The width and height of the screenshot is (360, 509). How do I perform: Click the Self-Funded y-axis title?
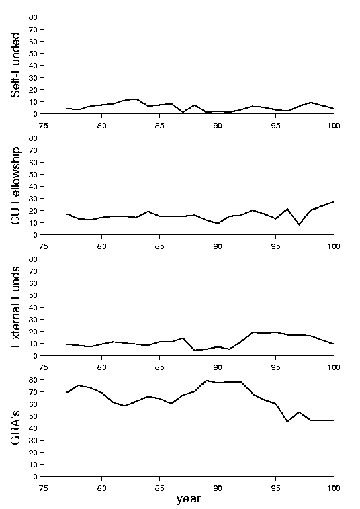pyautogui.click(x=15, y=65)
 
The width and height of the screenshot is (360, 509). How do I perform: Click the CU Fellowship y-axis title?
pyautogui.click(x=15, y=185)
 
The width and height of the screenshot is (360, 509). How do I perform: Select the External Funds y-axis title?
pyautogui.click(x=15, y=307)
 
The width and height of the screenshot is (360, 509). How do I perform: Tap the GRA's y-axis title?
pyautogui.click(x=15, y=428)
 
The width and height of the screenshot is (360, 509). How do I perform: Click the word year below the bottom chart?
pyautogui.click(x=189, y=499)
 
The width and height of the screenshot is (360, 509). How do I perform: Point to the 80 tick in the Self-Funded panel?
pyautogui.click(x=34, y=17)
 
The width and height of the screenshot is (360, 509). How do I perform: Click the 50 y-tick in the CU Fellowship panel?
pyautogui.click(x=34, y=175)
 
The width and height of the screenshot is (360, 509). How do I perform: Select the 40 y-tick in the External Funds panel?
pyautogui.click(x=34, y=308)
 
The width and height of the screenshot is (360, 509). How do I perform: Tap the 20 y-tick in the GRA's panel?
pyautogui.click(x=34, y=453)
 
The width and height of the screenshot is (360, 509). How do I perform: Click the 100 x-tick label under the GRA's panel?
pyautogui.click(x=334, y=488)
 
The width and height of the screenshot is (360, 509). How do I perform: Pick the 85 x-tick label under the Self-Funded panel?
pyautogui.click(x=159, y=126)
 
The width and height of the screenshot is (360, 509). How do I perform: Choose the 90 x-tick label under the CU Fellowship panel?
pyautogui.click(x=218, y=246)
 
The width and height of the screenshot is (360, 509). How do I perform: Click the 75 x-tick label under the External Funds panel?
pyautogui.click(x=44, y=367)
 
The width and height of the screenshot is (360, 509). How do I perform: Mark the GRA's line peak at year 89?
pyautogui.click(x=206, y=381)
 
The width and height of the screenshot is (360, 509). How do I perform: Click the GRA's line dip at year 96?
pyautogui.click(x=287, y=421)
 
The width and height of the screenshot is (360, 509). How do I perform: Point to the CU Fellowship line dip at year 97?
pyautogui.click(x=299, y=224)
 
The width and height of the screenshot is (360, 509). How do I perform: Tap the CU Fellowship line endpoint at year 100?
pyautogui.click(x=333, y=202)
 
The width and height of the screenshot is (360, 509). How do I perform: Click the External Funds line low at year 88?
pyautogui.click(x=195, y=350)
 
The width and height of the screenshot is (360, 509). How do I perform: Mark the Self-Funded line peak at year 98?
pyautogui.click(x=311, y=103)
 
